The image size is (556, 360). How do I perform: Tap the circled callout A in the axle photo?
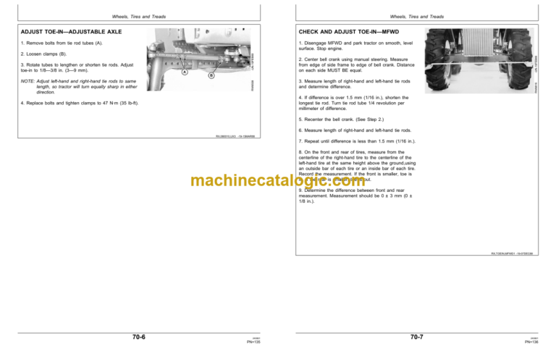click(x=185, y=72)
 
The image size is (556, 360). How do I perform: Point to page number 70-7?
click(x=417, y=337)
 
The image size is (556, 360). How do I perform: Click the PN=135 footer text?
click(x=253, y=341)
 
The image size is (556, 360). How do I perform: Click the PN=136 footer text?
click(x=531, y=341)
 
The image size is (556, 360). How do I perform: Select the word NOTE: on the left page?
click(x=29, y=82)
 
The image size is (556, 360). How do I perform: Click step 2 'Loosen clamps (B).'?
click(x=44, y=54)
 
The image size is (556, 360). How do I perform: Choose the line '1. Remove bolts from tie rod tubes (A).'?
click(x=60, y=44)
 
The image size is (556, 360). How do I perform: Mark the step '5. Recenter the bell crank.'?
click(x=344, y=117)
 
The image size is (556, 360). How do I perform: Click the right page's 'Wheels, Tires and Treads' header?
click(x=417, y=16)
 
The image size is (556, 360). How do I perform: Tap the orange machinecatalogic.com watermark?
click(x=278, y=181)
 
